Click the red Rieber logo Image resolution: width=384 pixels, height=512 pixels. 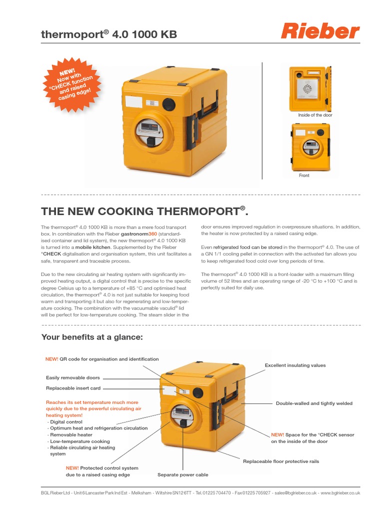[x=320, y=31]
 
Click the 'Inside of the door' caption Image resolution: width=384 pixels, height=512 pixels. [x=315, y=115]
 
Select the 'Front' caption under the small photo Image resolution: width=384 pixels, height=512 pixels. [x=304, y=175]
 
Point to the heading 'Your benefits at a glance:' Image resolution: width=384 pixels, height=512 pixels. [x=92, y=337]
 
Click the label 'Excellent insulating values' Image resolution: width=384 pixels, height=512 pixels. [x=295, y=365]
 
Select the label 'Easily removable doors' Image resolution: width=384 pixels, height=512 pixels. [x=73, y=378]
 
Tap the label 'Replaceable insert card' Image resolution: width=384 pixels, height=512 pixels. [x=73, y=388]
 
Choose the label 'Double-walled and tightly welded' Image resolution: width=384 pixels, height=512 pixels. [x=314, y=403]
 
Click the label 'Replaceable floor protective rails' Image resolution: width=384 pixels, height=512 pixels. [x=281, y=461]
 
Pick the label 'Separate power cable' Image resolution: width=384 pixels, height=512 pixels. [x=183, y=474]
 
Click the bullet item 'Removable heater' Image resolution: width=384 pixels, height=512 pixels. [x=71, y=435]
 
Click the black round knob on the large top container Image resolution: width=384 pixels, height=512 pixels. [x=170, y=104]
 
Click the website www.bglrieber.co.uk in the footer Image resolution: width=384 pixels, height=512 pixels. [x=340, y=493]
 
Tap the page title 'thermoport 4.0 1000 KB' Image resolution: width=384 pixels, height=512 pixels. [x=108, y=34]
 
